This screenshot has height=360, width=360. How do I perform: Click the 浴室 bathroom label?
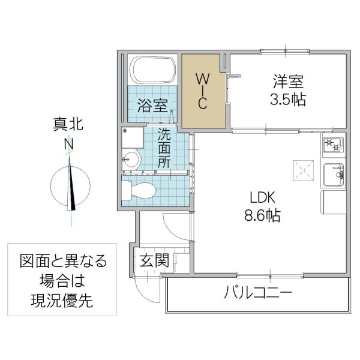click(152, 106)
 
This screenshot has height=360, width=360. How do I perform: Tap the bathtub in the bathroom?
click(153, 71)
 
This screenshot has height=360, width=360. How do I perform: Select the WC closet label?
click(203, 91)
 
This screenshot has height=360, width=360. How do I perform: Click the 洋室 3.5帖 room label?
click(287, 90)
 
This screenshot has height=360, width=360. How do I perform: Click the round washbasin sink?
click(131, 160)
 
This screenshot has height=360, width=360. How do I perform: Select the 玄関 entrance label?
click(154, 261)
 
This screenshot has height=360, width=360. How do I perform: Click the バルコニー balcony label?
click(258, 294)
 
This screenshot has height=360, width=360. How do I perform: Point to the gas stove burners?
click(333, 145)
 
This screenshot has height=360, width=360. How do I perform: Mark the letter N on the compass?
click(70, 145)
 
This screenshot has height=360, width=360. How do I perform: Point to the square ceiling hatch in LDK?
click(302, 170)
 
